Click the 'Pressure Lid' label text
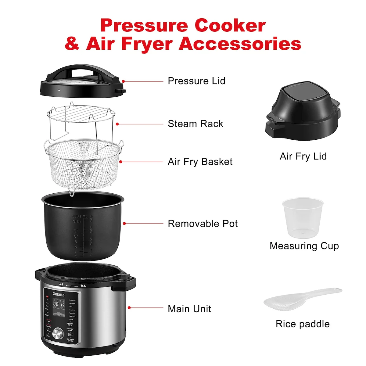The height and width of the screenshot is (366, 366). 196,81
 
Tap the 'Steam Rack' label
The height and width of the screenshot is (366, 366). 195,124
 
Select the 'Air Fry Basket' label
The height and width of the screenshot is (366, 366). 200,162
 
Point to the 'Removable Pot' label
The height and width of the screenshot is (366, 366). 203,224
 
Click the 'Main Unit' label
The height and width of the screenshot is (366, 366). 189,309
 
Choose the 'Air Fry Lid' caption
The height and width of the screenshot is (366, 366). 303,156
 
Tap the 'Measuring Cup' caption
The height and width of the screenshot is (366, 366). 304,246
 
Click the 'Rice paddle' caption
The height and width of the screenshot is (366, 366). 303,324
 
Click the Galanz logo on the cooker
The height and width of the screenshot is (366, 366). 58,294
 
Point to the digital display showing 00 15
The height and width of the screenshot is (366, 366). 59,304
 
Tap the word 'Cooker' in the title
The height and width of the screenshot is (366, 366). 230,26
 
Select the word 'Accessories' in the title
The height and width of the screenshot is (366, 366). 240,44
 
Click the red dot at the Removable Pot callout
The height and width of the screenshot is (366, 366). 124,224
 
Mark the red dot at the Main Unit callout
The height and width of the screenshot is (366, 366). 129,308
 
